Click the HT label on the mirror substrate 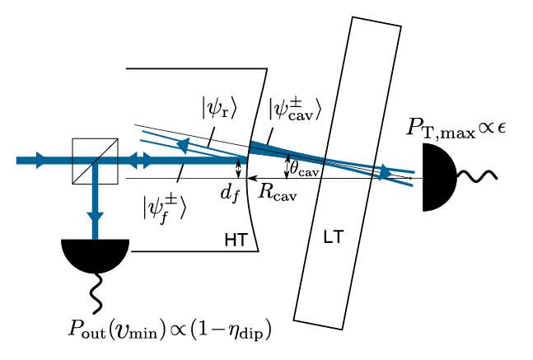[236, 240]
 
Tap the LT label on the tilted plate [333, 236]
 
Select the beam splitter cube [96, 161]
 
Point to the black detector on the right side [438, 177]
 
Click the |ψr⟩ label [217, 110]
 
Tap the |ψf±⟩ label [164, 207]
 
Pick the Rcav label [277, 193]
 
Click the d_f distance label [229, 195]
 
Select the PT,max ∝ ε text [456, 129]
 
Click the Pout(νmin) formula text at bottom [170, 329]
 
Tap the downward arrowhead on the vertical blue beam [95, 217]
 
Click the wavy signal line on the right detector [477, 175]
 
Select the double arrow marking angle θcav [288, 167]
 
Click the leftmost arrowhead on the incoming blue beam [40, 161]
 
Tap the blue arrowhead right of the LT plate [386, 172]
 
